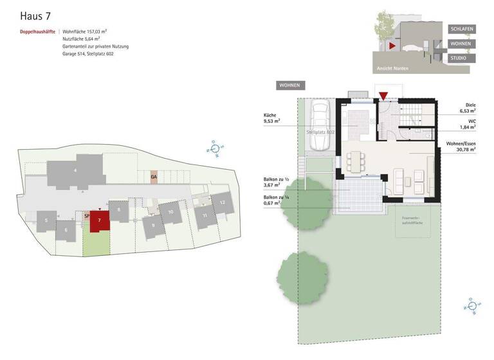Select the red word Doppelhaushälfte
pos(37,31)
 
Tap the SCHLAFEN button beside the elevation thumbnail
pos(461,30)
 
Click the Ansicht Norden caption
pos(392,67)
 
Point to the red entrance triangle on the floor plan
pos(383,96)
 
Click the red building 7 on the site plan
pos(98,221)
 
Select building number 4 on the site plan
pos(75,170)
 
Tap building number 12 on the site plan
pos(222,202)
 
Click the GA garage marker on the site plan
pos(154,177)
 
